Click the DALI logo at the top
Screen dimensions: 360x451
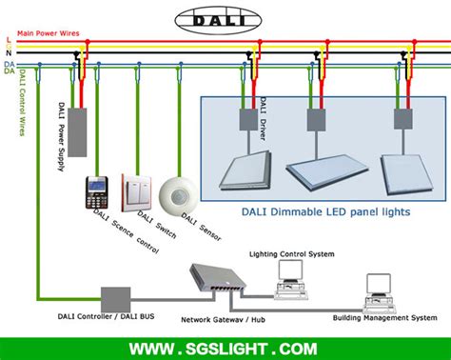click(x=225, y=19)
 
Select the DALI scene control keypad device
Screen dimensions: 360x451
click(x=96, y=192)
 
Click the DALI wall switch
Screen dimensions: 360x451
click(x=136, y=192)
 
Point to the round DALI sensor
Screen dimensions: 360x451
click(x=176, y=193)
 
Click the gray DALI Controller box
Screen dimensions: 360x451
click(x=116, y=298)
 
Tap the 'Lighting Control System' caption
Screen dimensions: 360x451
click(x=292, y=254)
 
